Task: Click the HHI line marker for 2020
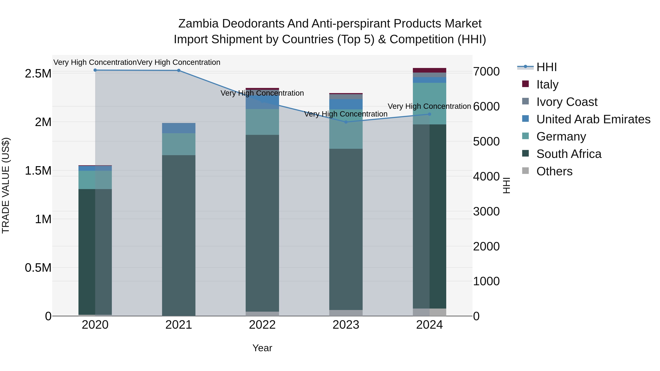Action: pos(95,70)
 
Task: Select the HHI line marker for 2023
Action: pos(346,122)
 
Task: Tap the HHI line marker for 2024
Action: pos(429,114)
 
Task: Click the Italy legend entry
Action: pos(547,84)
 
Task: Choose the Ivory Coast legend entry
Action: pos(566,102)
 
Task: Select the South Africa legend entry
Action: pos(569,154)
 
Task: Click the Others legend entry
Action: pos(554,171)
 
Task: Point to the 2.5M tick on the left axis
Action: pos(38,73)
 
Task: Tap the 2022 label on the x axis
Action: pos(262,325)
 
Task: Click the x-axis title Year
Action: pos(262,348)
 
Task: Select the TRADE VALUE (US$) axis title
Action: pos(6,185)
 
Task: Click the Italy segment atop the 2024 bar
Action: pos(429,70)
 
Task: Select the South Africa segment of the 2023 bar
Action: pos(346,229)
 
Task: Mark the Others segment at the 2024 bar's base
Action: pos(429,312)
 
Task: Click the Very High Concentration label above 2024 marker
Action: pos(429,106)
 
